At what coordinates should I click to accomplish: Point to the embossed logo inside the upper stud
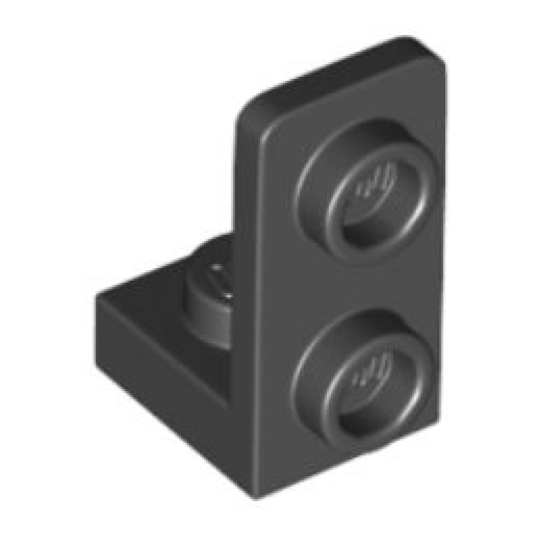[x=373, y=183]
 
